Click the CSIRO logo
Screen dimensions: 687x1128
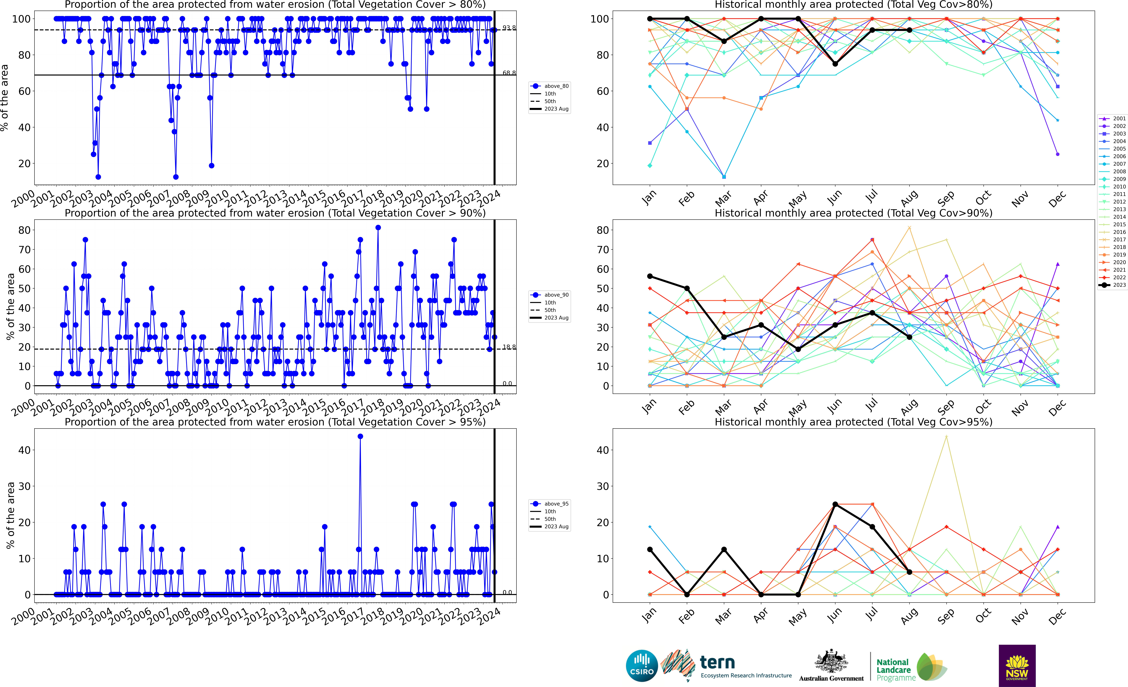click(642, 665)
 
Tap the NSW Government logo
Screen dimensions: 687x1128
click(1017, 665)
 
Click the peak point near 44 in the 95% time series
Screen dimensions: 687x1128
click(360, 437)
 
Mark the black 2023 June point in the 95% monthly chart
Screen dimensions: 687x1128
click(835, 504)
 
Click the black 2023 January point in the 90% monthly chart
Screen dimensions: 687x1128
click(650, 276)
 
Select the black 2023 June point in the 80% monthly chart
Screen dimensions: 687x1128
click(835, 64)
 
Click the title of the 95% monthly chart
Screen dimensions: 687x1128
click(853, 422)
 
